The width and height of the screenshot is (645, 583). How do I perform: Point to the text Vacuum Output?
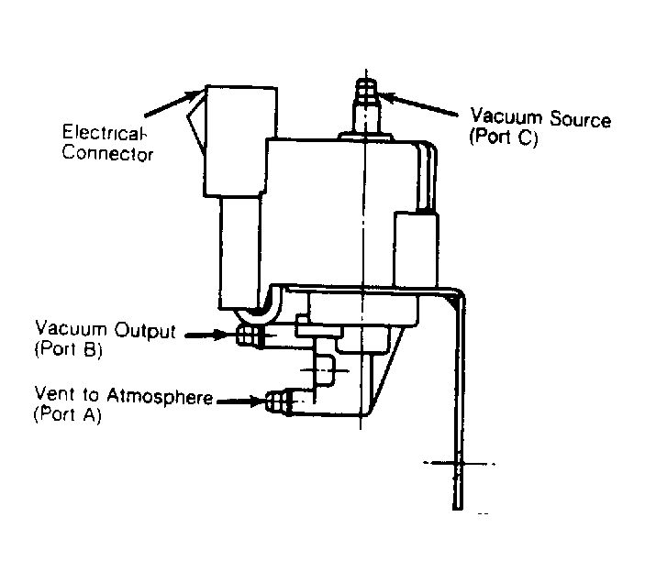click(x=105, y=330)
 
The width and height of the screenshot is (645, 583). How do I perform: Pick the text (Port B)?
click(x=70, y=349)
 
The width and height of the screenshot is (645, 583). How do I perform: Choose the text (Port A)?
click(x=67, y=415)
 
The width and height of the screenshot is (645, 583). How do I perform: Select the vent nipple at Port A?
click(x=277, y=401)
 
